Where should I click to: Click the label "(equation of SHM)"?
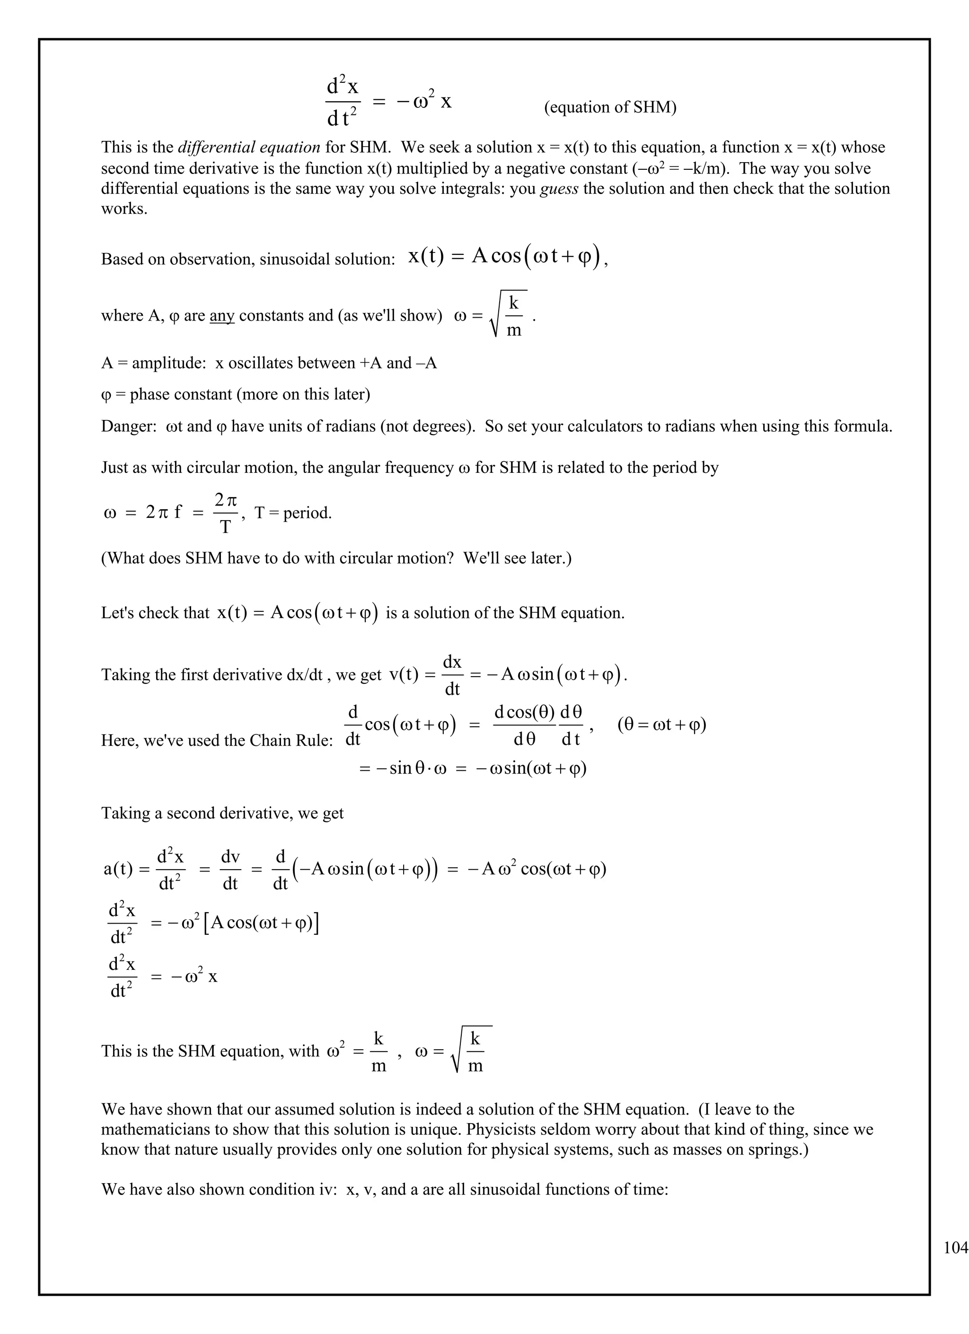[610, 107]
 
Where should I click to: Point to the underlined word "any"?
[222, 316]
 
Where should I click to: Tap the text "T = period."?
[293, 513]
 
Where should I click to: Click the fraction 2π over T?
[225, 514]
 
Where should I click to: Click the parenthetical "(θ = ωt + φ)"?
[661, 724]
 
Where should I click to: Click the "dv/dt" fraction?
[230, 870]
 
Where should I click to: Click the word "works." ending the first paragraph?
[124, 209]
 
